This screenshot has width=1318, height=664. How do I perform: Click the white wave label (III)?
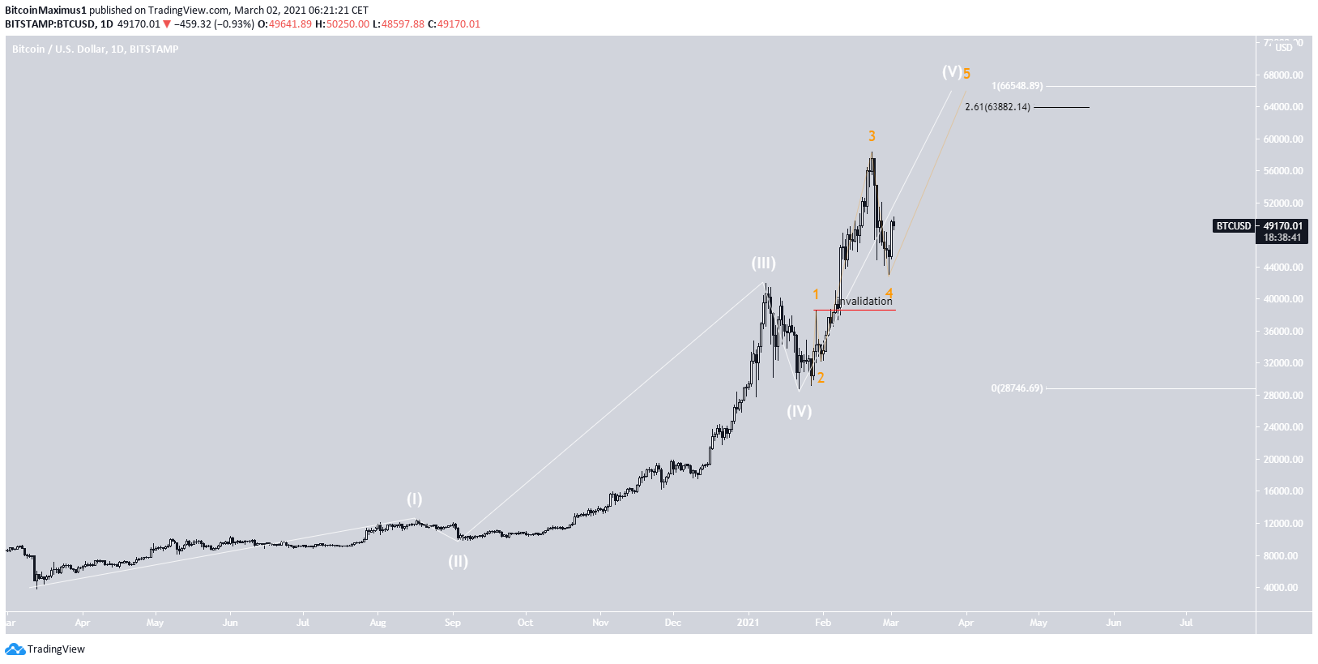pos(763,263)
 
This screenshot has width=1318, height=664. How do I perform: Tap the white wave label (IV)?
pos(799,411)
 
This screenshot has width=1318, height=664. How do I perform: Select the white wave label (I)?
pos(414,499)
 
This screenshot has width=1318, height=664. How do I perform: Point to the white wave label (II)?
pos(458,561)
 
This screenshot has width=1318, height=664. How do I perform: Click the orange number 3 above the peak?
pos(872,136)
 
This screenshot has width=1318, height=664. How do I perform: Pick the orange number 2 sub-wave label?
pos(821,377)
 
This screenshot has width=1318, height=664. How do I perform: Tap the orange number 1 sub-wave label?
pos(816,294)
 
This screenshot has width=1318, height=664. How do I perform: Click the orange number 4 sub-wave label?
pos(889,293)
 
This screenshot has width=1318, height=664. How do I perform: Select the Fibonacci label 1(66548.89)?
pos(1017,86)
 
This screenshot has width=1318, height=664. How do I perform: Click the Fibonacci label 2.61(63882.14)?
pos(997,107)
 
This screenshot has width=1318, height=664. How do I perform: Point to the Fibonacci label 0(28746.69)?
pos(1017,388)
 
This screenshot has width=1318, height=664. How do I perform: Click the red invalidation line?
pos(855,310)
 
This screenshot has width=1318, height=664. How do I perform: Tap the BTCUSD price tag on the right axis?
pos(1233,226)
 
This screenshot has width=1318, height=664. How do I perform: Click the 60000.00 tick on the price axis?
pos(1283,139)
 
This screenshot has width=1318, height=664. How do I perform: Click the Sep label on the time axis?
pos(452,623)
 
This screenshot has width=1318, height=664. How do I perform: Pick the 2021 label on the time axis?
pos(748,623)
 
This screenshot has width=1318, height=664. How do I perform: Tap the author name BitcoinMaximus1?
pos(45,11)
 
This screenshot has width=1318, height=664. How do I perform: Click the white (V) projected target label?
pos(951,72)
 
